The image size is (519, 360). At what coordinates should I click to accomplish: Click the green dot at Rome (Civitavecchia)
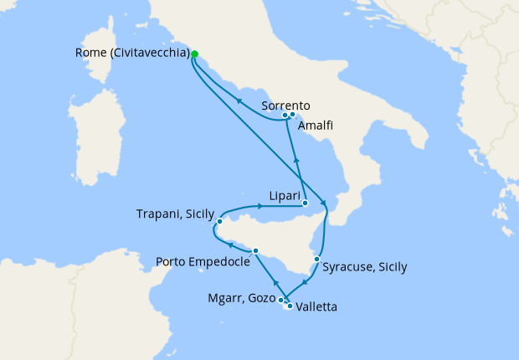pyautogui.click(x=194, y=54)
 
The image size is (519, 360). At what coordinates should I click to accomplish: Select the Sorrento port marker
pyautogui.click(x=285, y=115)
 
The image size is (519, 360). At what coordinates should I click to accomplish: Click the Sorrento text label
pyautogui.click(x=285, y=105)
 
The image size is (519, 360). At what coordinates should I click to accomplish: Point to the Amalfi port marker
pyautogui.click(x=293, y=114)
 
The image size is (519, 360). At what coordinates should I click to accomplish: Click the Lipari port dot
pyautogui.click(x=306, y=203)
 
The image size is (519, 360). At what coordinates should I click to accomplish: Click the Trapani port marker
pyautogui.click(x=218, y=223)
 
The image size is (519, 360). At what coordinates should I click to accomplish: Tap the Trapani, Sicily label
pyautogui.click(x=174, y=214)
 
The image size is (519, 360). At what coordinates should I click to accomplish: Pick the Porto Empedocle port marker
pyautogui.click(x=255, y=250)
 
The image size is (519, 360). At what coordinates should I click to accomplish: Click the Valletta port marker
pyautogui.click(x=290, y=306)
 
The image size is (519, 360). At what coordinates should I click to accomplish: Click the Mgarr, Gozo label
pyautogui.click(x=239, y=298)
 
